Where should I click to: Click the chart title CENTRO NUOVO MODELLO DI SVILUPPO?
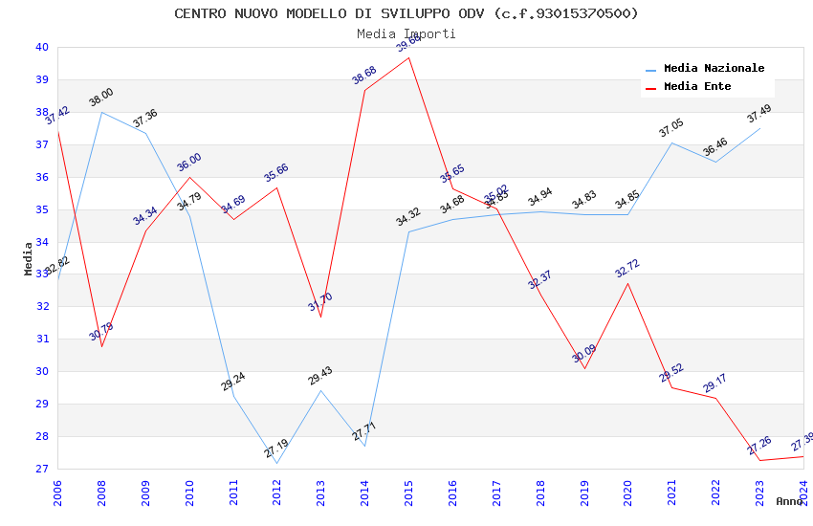tap(406, 13)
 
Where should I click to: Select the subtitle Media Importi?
tap(406, 33)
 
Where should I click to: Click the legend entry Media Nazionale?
tap(714, 69)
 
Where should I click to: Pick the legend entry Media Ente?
tap(697, 87)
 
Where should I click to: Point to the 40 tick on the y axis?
tap(41, 47)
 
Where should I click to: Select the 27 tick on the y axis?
tap(41, 469)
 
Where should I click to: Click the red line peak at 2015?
tap(409, 57)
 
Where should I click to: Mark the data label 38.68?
tap(364, 76)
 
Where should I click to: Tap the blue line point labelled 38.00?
tap(102, 113)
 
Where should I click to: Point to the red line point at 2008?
tap(102, 346)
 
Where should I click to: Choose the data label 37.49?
tap(758, 114)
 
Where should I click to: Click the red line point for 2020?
tap(628, 283)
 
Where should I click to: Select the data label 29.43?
tap(320, 376)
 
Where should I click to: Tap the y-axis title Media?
tap(29, 258)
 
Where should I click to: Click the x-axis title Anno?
tap(790, 501)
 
